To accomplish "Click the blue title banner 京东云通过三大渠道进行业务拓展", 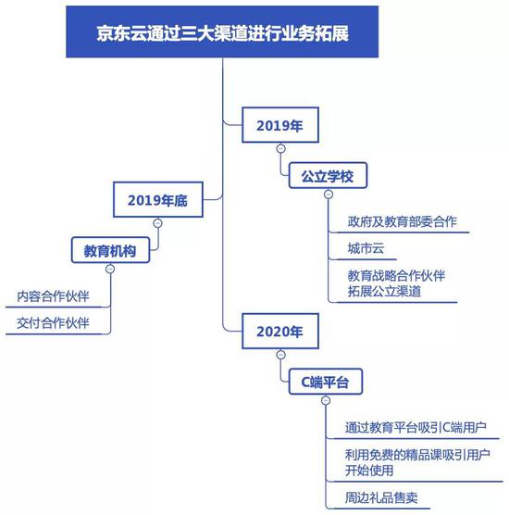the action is click(222, 31).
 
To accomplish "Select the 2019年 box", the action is click(280, 125).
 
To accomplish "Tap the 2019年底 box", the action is click(158, 199).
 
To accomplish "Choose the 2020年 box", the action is click(280, 331).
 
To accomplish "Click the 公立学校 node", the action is click(328, 176).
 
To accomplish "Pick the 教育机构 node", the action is click(110, 250).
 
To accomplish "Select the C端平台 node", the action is click(326, 382).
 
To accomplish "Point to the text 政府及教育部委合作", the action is click(402, 221).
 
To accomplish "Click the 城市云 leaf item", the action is click(366, 248).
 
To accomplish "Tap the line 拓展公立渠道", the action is click(384, 292).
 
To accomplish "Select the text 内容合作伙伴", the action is click(53, 296).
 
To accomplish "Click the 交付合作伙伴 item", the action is click(53, 323).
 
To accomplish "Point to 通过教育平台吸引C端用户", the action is click(416, 428).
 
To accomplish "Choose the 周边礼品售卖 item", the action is click(381, 498).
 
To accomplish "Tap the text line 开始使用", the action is click(369, 471).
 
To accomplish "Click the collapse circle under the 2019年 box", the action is click(281, 148).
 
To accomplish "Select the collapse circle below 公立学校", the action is click(329, 195).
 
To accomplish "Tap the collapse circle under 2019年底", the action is click(158, 223).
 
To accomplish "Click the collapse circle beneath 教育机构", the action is click(110, 269).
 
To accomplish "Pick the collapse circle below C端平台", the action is click(326, 400).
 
